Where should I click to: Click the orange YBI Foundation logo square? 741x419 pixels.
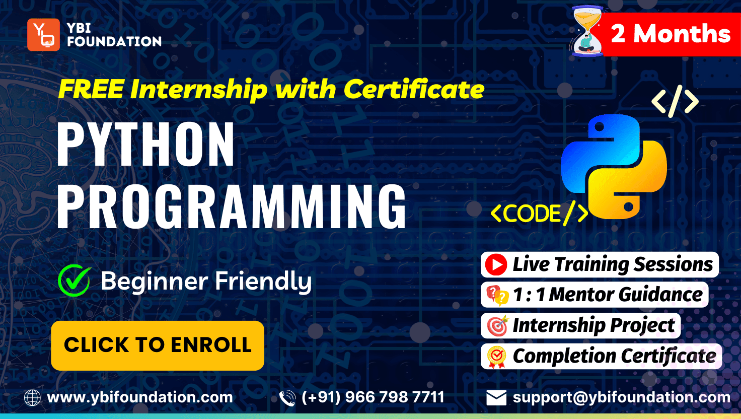coord(43,34)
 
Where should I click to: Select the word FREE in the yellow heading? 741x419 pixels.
coord(91,89)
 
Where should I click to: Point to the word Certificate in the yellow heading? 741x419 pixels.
coord(414,89)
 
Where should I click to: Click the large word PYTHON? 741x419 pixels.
coord(146,145)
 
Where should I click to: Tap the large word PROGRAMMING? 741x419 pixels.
coord(232,206)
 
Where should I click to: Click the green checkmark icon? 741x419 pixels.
coord(74,281)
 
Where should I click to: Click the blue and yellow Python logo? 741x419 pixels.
coord(614,167)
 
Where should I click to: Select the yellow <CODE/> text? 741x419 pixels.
coord(539,213)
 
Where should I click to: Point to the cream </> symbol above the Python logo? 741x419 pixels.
coord(675,101)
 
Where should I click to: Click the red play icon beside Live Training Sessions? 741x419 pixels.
coord(496,265)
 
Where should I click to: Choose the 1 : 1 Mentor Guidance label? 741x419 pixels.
coord(608,295)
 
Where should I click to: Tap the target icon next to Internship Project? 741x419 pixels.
coord(497,326)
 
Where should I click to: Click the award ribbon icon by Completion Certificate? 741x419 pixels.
coord(496,357)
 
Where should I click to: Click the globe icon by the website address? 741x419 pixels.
coord(32,398)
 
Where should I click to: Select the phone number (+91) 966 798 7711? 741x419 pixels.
coord(373,397)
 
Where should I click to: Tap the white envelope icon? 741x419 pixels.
coord(496,398)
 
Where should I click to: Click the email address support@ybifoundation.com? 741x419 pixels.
coord(622,397)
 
